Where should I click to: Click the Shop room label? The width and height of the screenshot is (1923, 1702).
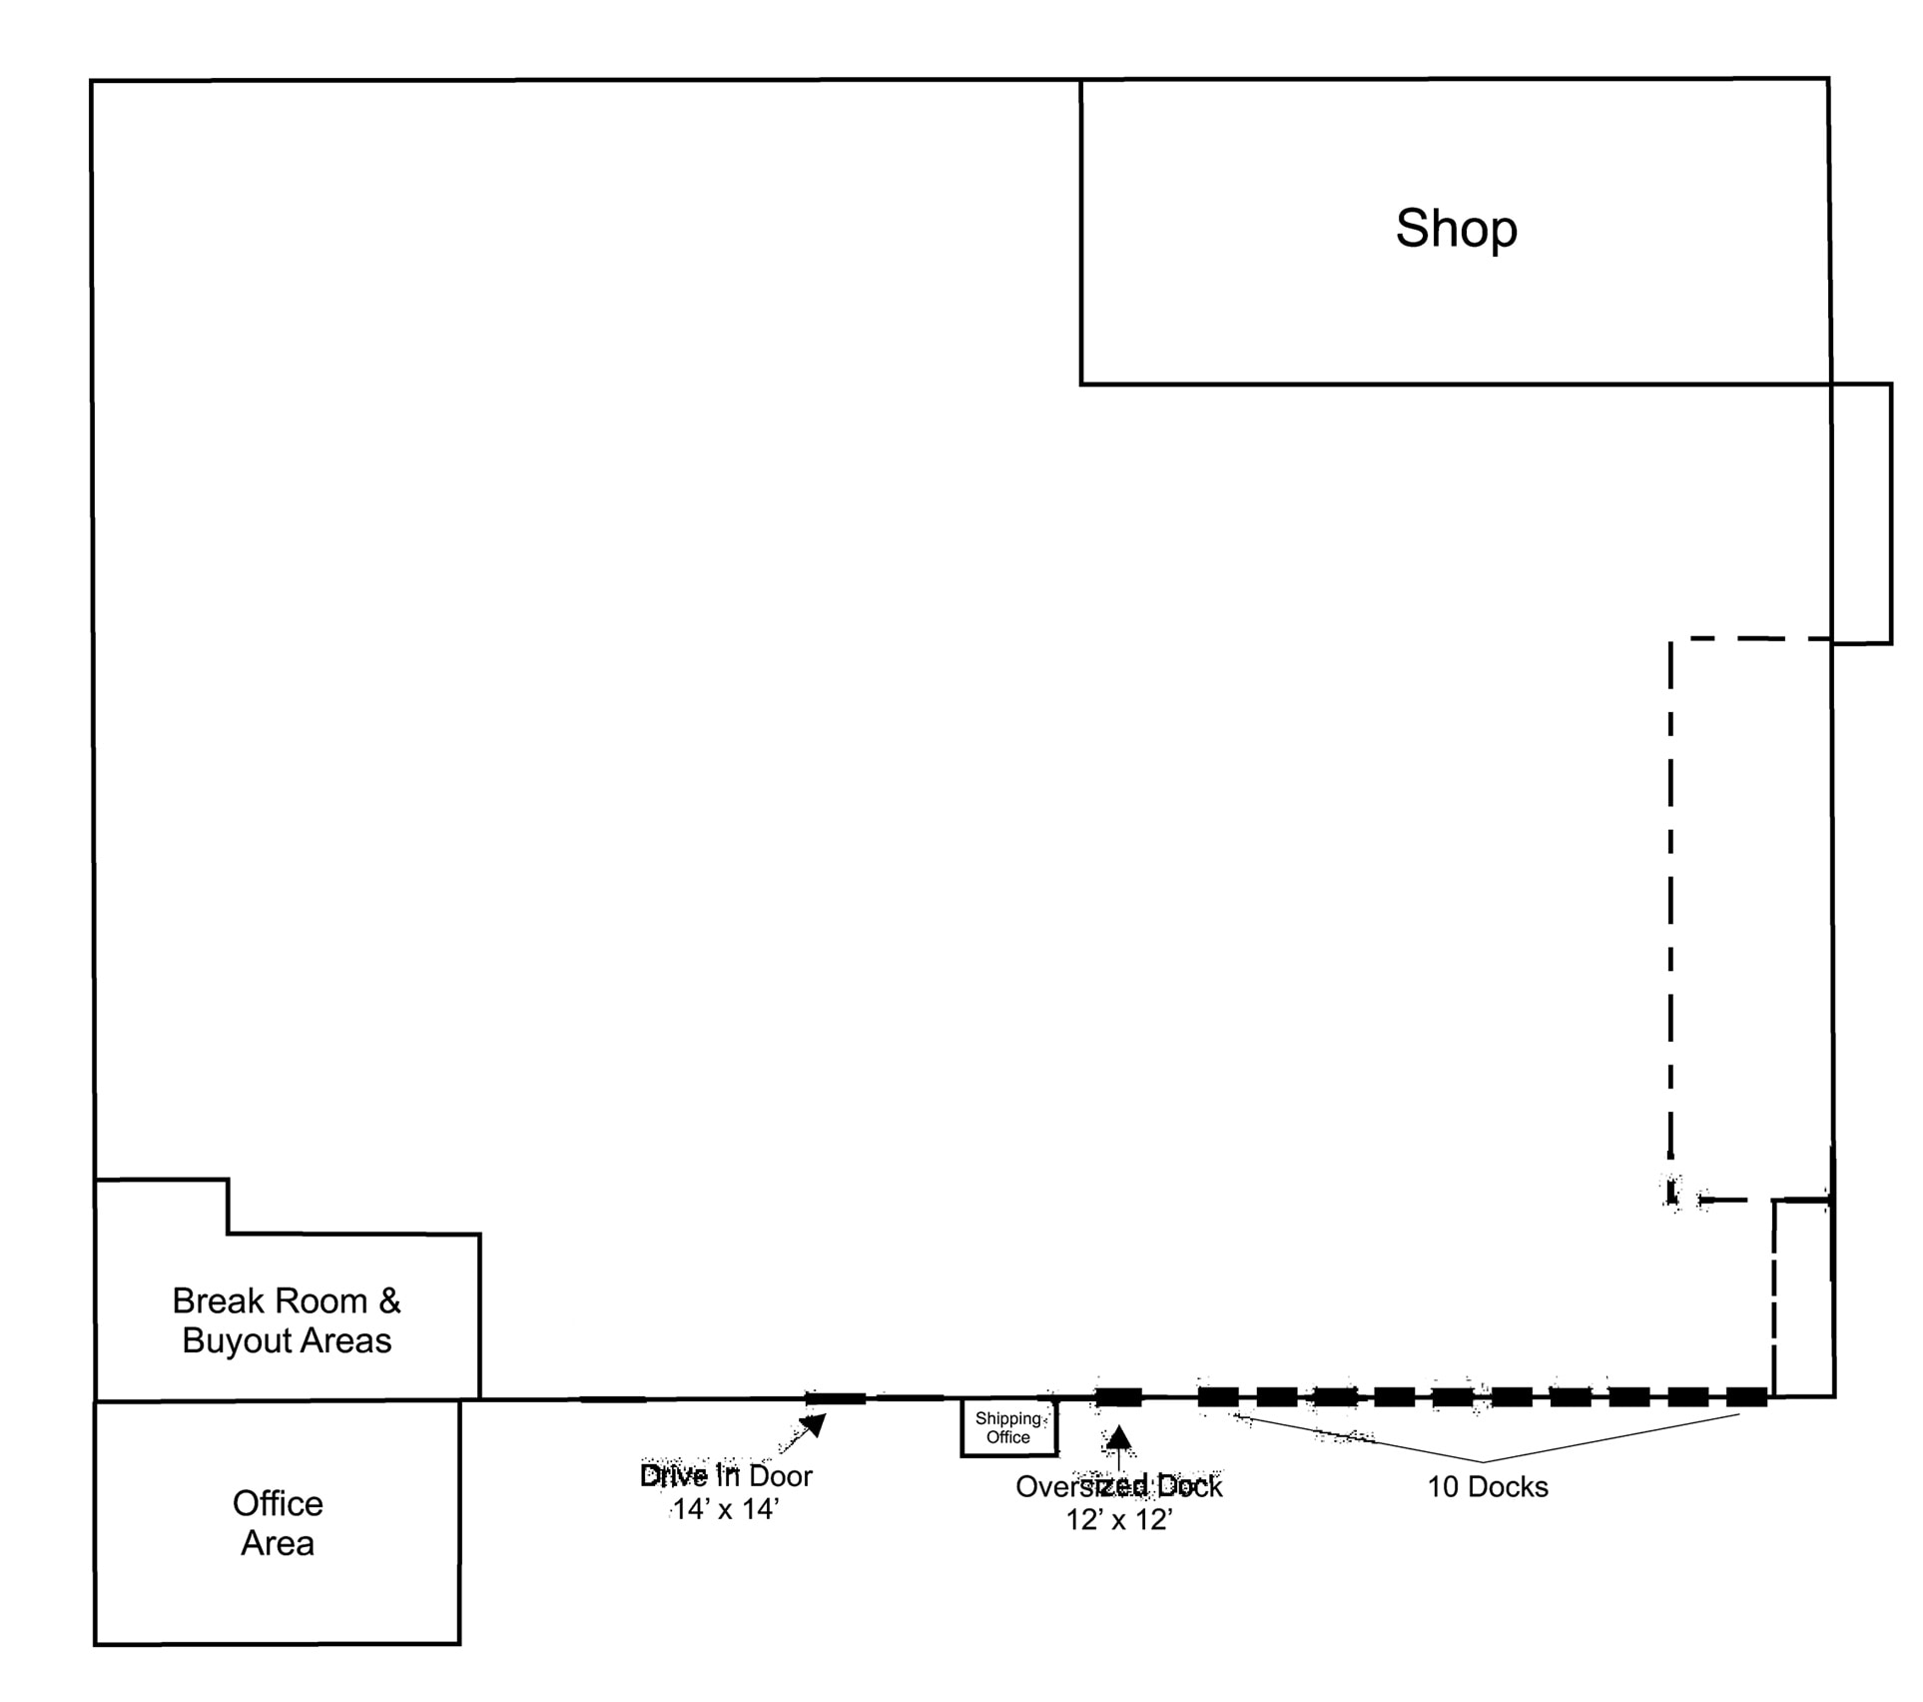click(x=1456, y=229)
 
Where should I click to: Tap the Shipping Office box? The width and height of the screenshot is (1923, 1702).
click(x=1008, y=1428)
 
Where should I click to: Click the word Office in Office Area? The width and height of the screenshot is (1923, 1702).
click(x=278, y=1503)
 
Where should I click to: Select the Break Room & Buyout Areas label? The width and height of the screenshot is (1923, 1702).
click(x=287, y=1320)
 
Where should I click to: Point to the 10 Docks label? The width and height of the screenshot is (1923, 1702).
click(x=1487, y=1487)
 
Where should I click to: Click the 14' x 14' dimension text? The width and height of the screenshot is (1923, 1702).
click(x=725, y=1509)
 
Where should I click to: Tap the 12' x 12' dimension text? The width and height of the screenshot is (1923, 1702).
click(x=1118, y=1520)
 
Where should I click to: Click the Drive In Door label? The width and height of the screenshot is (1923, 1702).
click(x=726, y=1476)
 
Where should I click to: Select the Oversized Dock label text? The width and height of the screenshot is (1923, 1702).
click(x=1118, y=1487)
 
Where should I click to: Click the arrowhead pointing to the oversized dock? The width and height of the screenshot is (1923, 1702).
click(x=1119, y=1437)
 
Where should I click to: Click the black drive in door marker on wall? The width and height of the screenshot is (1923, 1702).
click(x=836, y=1398)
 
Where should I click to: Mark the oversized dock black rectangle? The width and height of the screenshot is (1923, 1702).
click(x=1118, y=1397)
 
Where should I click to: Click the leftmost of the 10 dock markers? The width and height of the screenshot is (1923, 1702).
click(x=1218, y=1397)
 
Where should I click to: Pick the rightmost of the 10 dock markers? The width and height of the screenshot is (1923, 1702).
click(x=1746, y=1397)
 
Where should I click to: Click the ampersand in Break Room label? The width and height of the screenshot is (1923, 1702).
click(x=389, y=1301)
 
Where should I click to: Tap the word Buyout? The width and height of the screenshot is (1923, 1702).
click(x=237, y=1340)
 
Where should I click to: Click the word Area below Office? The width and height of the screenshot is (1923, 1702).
click(x=278, y=1543)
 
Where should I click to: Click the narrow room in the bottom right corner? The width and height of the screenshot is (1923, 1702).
click(x=1803, y=1298)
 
